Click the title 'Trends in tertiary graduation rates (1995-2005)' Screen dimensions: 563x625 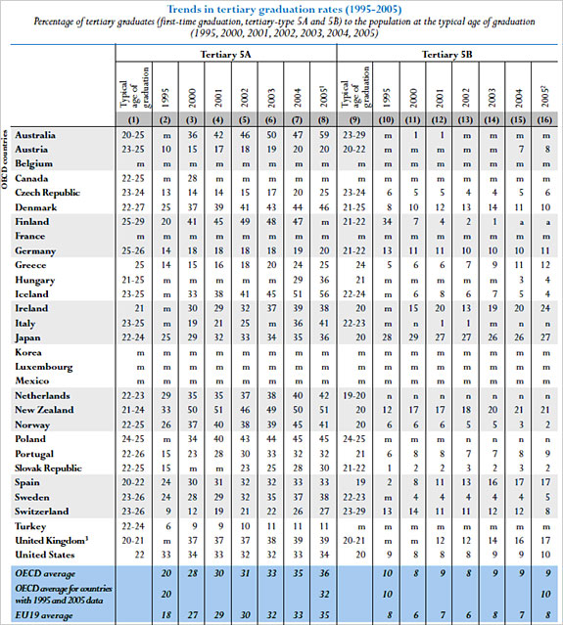click(281, 9)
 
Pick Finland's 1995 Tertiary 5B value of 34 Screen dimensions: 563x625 click(389, 221)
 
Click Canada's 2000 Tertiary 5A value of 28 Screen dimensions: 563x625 click(195, 178)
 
